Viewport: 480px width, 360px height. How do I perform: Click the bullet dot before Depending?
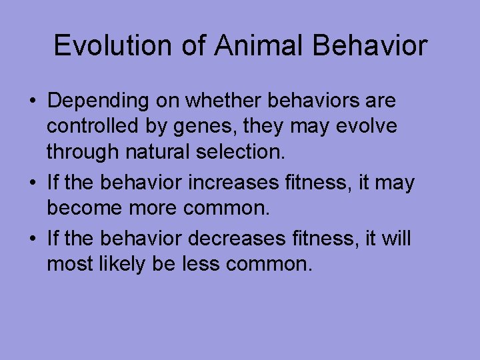[32, 102]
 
